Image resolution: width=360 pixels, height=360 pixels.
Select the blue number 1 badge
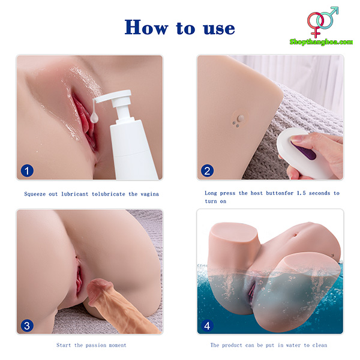coord(27,170)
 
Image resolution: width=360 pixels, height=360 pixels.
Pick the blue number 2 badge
coord(207,170)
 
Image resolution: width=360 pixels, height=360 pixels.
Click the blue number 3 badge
coord(27,325)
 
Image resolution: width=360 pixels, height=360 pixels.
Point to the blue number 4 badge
coord(207,325)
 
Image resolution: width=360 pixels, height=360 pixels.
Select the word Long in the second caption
coord(211,193)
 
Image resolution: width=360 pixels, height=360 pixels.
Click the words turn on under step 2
coord(216,202)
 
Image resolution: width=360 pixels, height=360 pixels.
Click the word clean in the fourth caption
coord(318,345)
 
